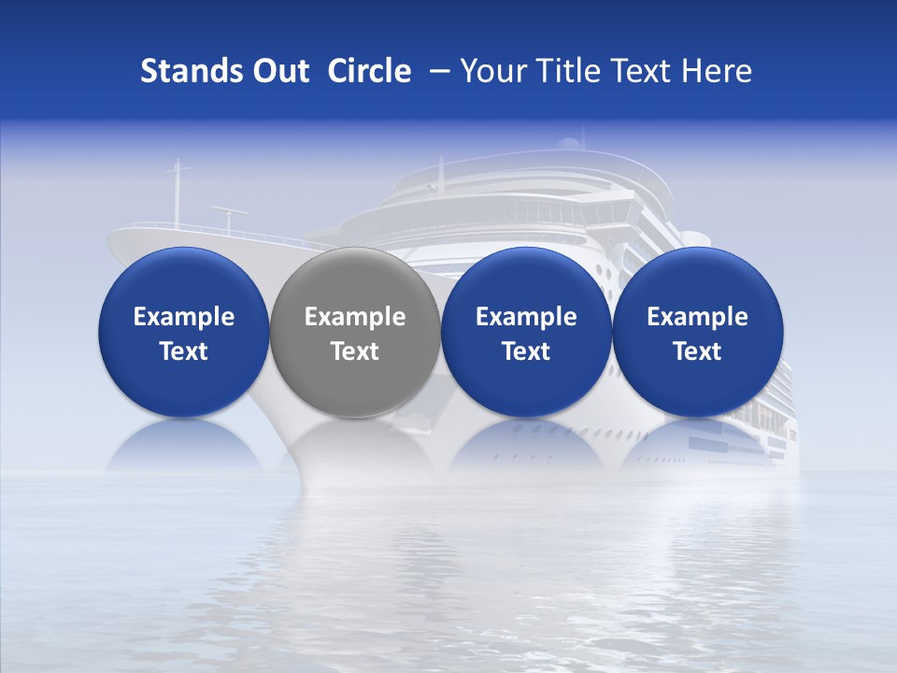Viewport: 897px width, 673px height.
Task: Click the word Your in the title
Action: point(491,71)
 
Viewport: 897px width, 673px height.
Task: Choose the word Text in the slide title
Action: point(640,71)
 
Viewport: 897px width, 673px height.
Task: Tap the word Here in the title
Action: point(717,71)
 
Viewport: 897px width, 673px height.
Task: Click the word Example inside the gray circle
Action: point(355,317)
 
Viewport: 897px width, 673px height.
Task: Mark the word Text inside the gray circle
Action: point(355,351)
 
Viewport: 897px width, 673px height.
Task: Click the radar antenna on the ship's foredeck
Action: point(230,212)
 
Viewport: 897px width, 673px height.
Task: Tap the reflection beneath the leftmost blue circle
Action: point(183,447)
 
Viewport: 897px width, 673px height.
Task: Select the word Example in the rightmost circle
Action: point(698,317)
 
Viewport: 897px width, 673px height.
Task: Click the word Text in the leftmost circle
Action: point(183,351)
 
